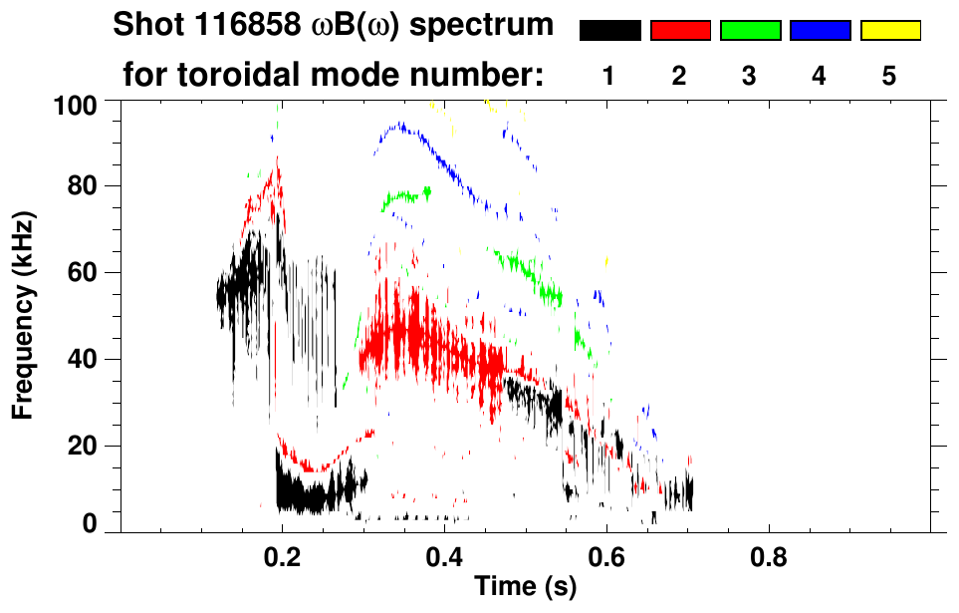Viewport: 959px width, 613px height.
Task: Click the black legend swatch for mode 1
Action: tap(610, 30)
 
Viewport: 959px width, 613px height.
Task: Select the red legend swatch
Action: tap(681, 30)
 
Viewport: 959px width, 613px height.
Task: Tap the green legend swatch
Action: tap(751, 30)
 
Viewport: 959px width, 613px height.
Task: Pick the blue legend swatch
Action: tap(821, 30)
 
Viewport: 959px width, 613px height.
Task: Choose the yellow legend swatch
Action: tap(890, 30)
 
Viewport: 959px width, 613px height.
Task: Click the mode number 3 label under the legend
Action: tap(749, 76)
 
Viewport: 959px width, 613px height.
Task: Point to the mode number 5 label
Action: tap(888, 76)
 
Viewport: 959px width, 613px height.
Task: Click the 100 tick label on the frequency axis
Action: tap(76, 106)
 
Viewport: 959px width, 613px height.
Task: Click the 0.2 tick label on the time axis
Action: tap(282, 558)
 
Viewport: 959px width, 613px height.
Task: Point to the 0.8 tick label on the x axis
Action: tap(768, 558)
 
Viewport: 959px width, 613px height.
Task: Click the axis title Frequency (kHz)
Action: tap(23, 316)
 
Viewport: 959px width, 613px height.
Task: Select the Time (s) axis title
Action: tap(526, 586)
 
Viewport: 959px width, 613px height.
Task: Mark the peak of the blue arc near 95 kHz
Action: tap(400, 125)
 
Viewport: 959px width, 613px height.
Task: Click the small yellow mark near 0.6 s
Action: tap(606, 261)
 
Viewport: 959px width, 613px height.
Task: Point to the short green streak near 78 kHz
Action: tap(406, 196)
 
